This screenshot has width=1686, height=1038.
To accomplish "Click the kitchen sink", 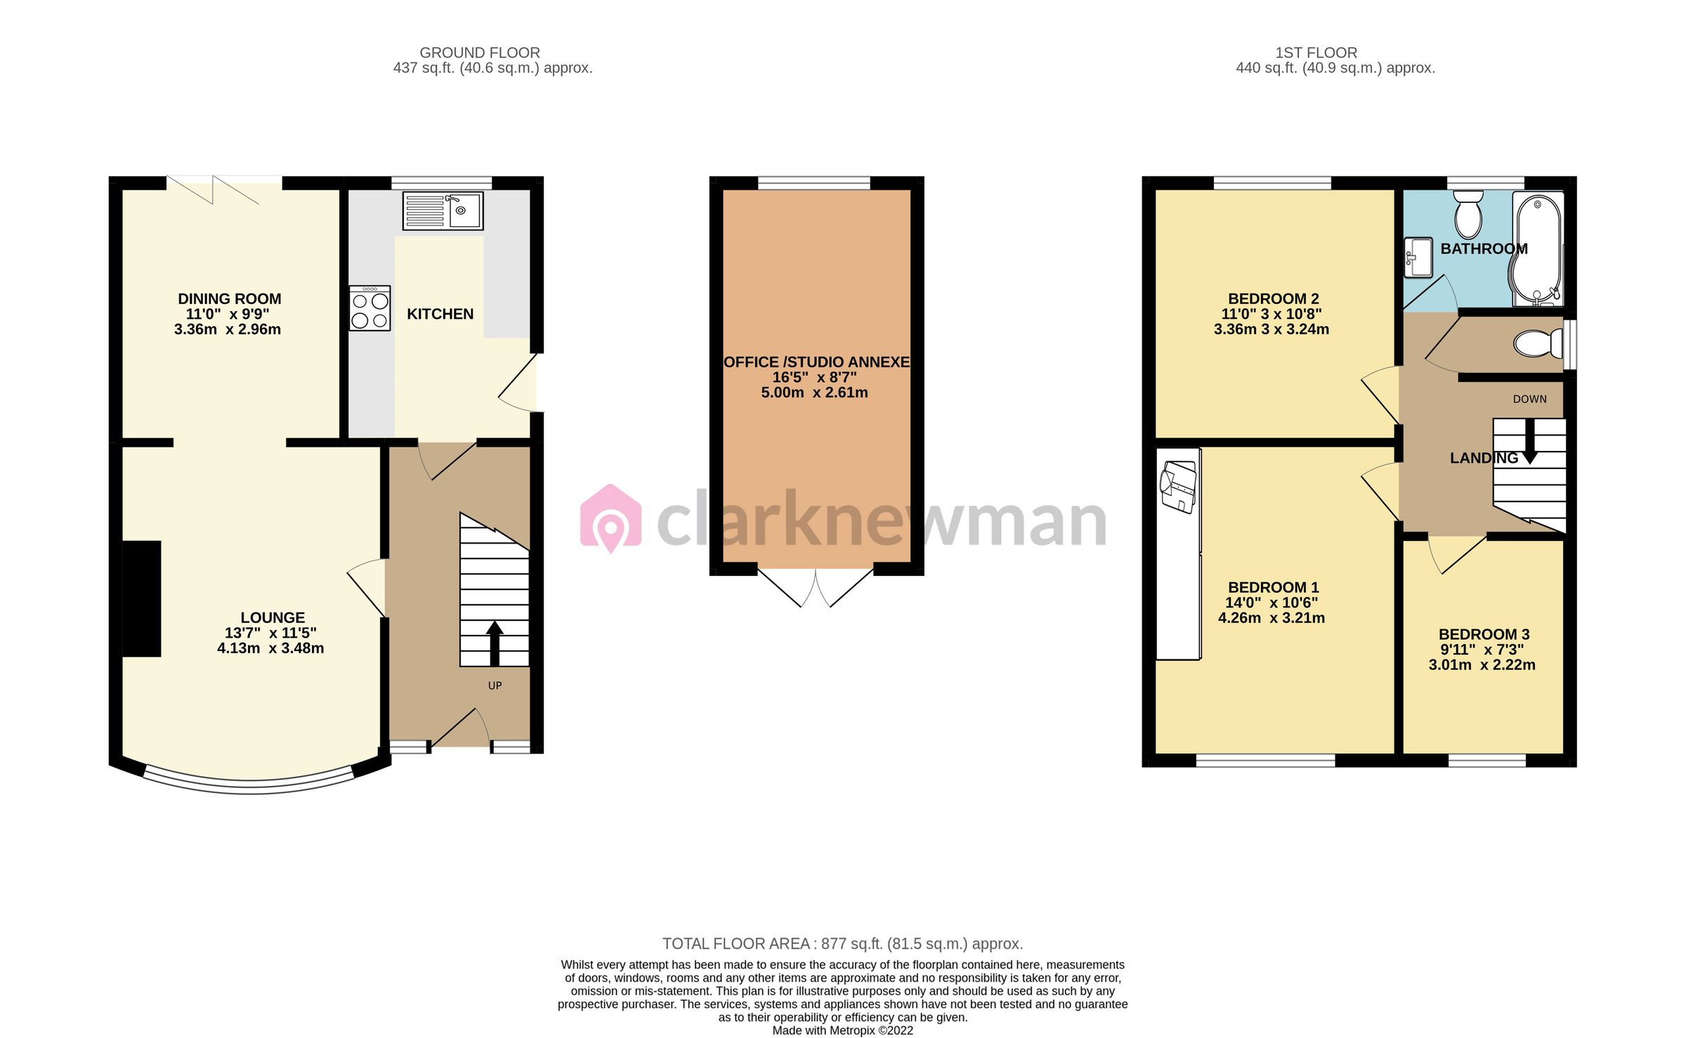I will (443, 211).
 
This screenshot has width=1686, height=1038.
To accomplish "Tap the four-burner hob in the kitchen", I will (370, 309).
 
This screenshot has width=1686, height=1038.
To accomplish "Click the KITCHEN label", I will (440, 314).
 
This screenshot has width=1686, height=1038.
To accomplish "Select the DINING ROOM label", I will (229, 299).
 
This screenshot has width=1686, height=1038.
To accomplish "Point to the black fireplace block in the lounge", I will (142, 598).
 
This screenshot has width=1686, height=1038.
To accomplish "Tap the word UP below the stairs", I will (495, 685).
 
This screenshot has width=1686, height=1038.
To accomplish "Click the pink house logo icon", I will (610, 518).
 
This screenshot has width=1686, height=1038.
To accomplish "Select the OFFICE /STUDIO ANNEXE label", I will (816, 362).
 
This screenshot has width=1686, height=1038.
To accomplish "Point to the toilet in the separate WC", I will (1537, 344).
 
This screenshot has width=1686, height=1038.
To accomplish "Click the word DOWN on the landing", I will (1529, 399).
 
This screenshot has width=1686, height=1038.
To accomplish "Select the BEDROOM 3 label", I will (1484, 634).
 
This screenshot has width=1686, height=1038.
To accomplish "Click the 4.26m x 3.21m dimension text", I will (1272, 618).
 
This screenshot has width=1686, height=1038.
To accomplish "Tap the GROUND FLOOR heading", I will (480, 53).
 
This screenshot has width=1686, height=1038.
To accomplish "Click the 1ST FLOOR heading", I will (1316, 53).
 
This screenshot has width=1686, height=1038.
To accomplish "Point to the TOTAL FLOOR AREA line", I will (842, 944).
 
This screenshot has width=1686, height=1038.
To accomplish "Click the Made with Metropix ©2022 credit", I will (842, 1030).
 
